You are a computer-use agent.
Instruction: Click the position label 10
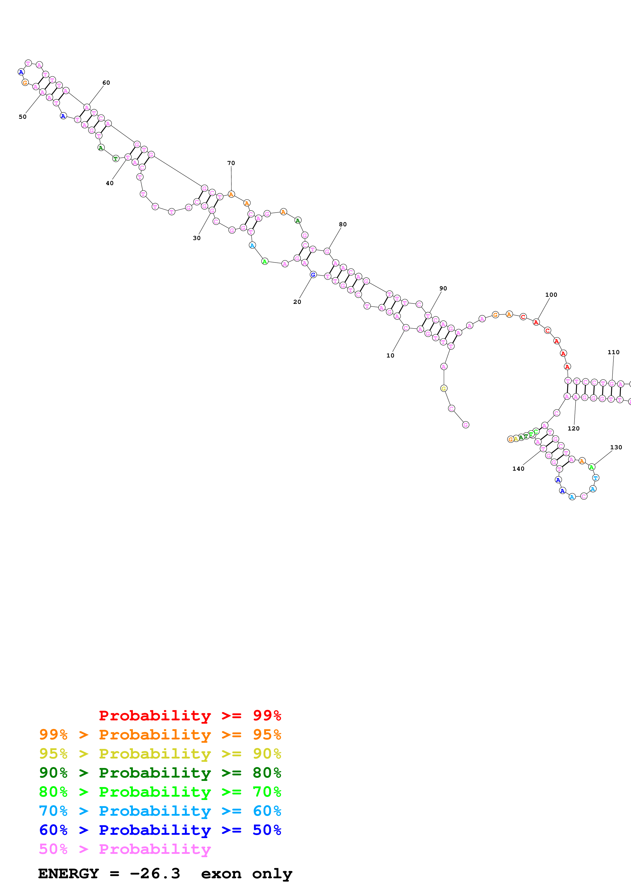tap(390, 355)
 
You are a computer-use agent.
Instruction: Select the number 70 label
tap(231, 163)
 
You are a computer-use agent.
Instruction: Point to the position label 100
tap(551, 295)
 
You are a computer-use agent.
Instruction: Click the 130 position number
tap(616, 447)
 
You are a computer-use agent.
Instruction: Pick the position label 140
tap(518, 469)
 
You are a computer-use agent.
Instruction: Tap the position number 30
tap(197, 238)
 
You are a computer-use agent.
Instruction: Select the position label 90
tap(443, 288)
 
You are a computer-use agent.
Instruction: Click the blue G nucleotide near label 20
tap(313, 275)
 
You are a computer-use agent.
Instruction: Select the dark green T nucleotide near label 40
tap(116, 158)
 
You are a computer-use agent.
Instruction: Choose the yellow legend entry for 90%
tap(160, 754)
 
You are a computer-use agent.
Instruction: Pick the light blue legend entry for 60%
tap(160, 811)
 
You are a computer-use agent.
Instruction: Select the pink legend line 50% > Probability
tap(125, 849)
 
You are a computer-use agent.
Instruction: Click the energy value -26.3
tap(155, 874)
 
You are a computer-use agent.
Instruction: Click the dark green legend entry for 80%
tap(160, 773)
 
